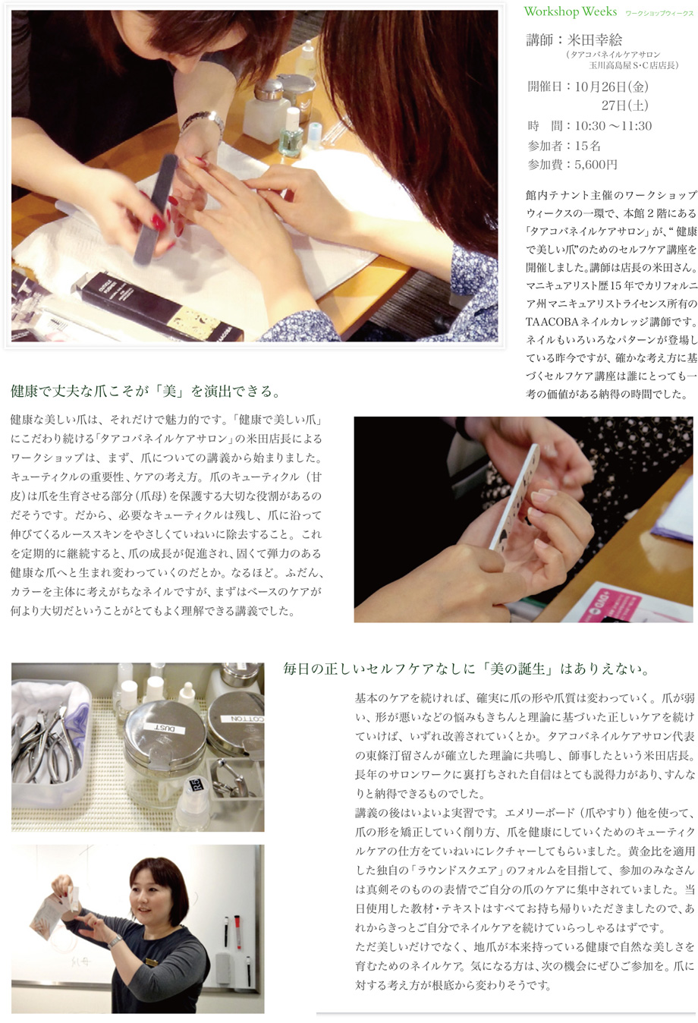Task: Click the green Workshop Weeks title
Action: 571,11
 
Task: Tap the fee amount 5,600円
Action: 596,165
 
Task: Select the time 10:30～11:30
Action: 613,125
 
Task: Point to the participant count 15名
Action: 587,146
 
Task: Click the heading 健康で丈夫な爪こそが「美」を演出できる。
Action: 145,392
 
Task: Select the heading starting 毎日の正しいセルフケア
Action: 466,669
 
